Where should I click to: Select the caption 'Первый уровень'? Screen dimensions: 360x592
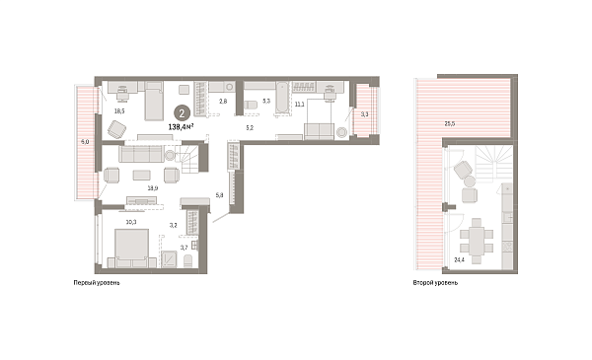tap(98, 283)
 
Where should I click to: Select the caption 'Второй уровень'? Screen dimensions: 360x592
tap(435, 283)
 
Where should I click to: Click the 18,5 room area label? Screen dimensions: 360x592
tap(119, 111)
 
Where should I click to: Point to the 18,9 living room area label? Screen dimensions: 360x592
tap(153, 187)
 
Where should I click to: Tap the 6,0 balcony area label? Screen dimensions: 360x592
tap(85, 143)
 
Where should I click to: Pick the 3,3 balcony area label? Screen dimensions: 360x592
tap(364, 115)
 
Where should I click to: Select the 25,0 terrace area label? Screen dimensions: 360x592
tap(449, 123)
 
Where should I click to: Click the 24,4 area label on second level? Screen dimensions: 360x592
tap(460, 259)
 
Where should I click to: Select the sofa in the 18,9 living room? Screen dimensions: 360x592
tap(144, 153)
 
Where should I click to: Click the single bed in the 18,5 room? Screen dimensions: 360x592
tap(155, 101)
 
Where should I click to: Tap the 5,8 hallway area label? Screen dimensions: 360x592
tap(219, 196)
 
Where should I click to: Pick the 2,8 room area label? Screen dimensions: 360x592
tap(223, 102)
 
